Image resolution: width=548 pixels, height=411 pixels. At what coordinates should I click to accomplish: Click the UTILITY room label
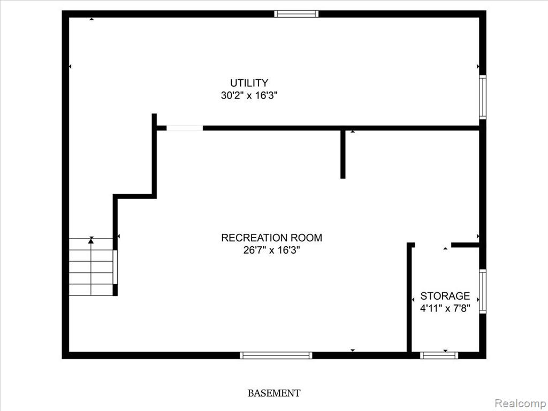click(x=249, y=83)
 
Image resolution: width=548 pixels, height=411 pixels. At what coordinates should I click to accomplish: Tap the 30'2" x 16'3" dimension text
click(x=249, y=95)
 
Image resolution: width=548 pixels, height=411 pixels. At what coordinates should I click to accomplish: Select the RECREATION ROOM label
click(x=271, y=238)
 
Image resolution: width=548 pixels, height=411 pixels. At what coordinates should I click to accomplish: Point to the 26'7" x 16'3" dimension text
click(x=271, y=250)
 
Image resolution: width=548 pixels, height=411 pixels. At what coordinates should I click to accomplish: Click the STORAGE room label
click(x=445, y=296)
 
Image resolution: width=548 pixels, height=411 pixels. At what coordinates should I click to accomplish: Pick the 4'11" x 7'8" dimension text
click(x=445, y=309)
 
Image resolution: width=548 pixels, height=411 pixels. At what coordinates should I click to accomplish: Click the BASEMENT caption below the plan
click(x=274, y=393)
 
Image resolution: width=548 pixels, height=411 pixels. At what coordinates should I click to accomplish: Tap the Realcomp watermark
click(x=521, y=404)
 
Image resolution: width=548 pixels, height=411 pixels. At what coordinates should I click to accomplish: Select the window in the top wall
click(x=296, y=14)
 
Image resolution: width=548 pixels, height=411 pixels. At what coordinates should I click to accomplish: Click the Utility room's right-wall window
click(x=483, y=97)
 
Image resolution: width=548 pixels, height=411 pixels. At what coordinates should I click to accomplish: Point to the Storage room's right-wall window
click(x=483, y=291)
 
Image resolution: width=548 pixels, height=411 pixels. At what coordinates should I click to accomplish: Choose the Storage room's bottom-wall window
click(x=439, y=355)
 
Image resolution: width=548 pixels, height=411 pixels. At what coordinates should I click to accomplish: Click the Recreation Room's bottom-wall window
click(x=276, y=355)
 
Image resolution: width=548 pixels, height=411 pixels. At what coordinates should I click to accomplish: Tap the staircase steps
click(x=91, y=267)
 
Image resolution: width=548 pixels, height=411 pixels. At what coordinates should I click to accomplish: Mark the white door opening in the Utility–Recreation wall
click(x=185, y=128)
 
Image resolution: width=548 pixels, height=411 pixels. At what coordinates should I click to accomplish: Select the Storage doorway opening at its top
click(x=432, y=245)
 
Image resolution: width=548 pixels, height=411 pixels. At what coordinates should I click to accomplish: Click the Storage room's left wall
click(x=409, y=297)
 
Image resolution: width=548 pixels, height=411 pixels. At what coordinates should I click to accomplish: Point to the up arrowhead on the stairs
click(x=91, y=240)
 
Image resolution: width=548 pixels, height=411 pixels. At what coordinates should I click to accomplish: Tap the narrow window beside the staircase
click(x=116, y=267)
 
